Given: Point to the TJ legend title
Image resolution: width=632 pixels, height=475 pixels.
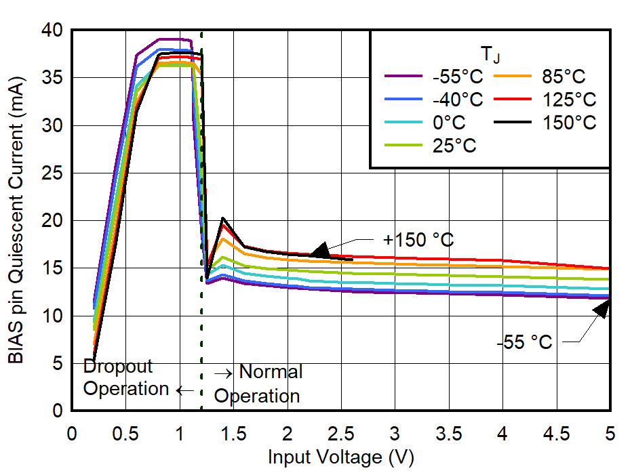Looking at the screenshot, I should click(489, 53).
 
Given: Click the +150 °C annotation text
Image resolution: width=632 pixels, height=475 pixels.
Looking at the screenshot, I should click(418, 240).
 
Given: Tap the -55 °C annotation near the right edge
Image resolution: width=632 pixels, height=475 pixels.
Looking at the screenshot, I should click(524, 342).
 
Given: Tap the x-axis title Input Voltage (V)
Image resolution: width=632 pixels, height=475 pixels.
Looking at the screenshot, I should click(340, 457).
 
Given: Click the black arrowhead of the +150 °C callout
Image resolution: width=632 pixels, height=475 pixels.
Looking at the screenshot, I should click(319, 250).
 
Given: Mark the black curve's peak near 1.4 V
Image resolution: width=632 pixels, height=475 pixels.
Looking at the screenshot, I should click(222, 218).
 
